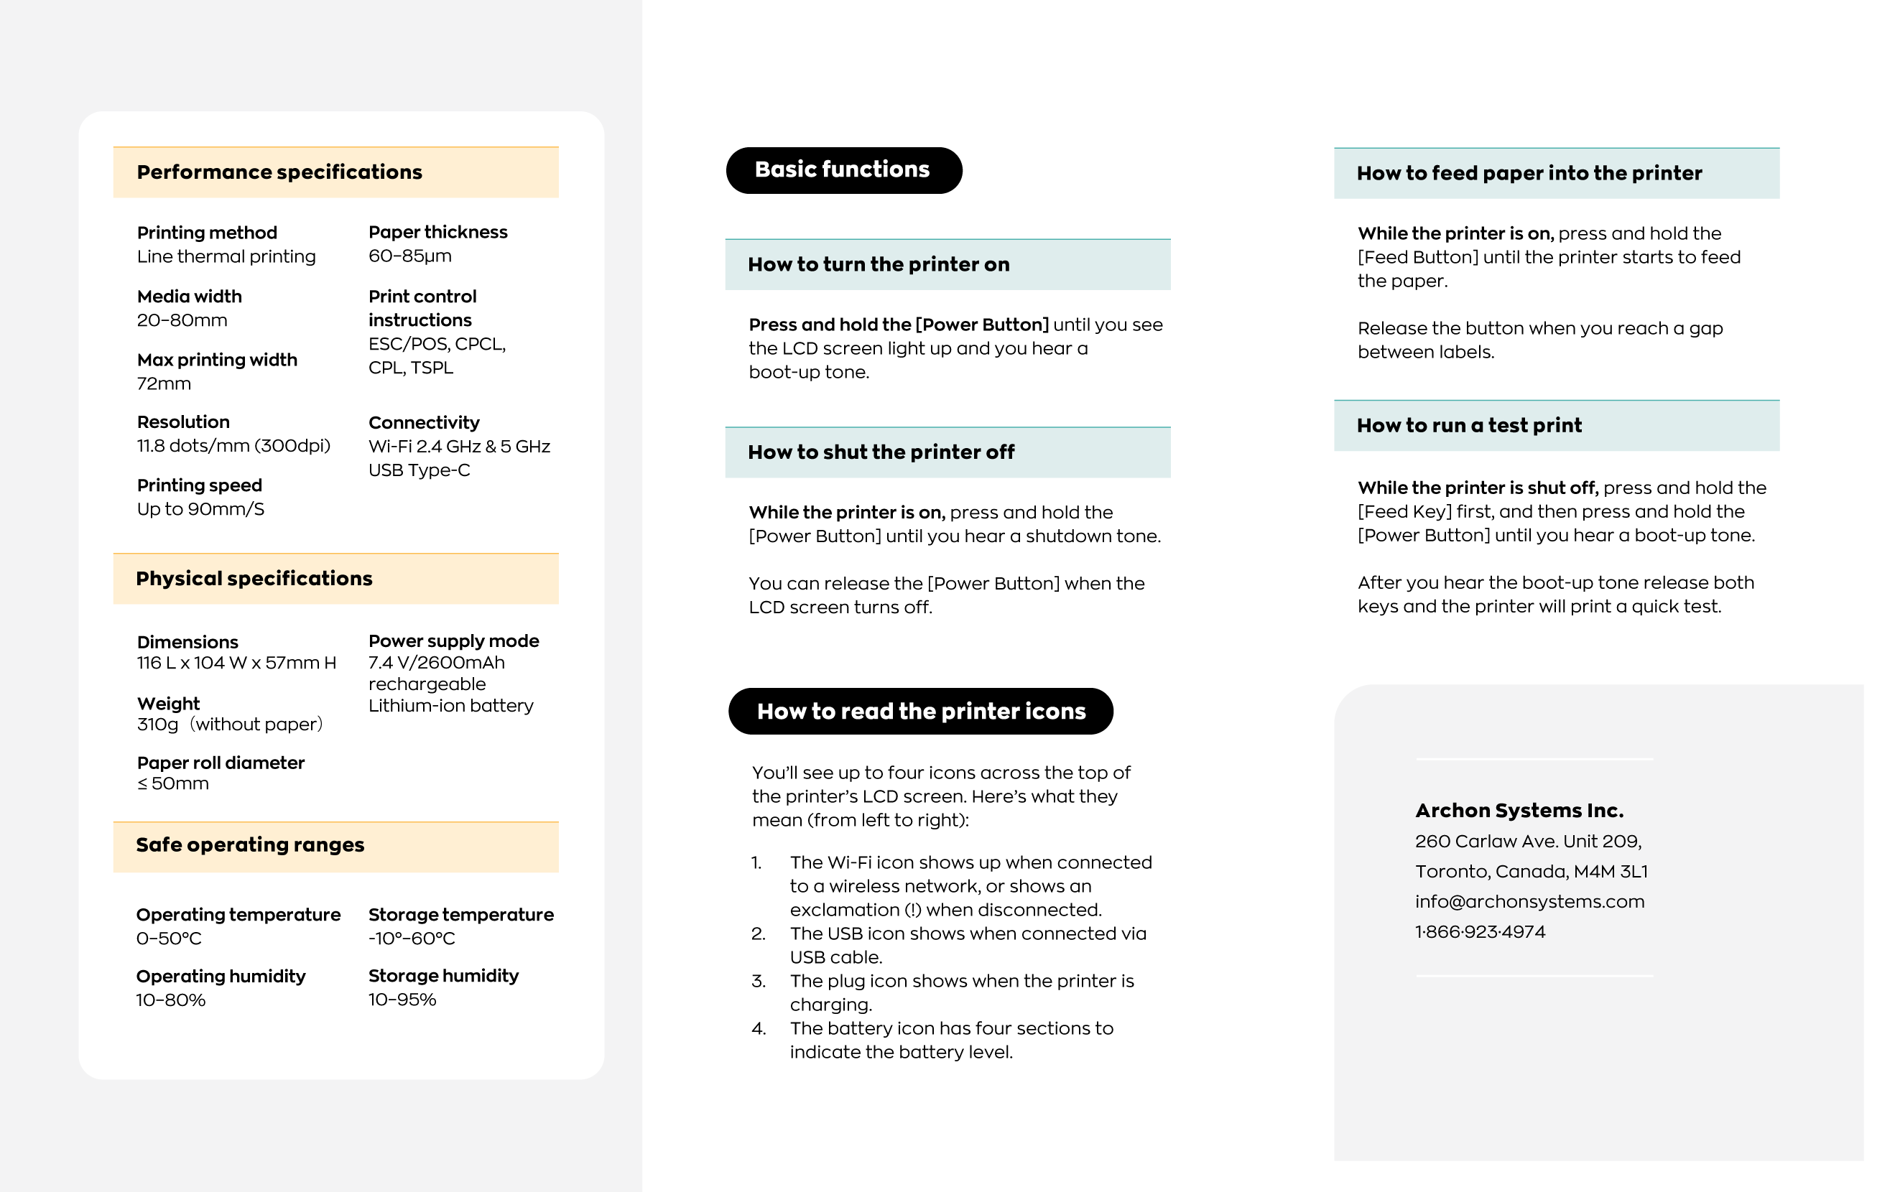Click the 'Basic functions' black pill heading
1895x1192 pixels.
point(843,170)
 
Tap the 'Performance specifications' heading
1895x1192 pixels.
point(279,172)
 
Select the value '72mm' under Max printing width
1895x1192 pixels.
point(164,384)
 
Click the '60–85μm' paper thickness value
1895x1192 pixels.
point(410,256)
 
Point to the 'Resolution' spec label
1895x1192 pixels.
point(183,422)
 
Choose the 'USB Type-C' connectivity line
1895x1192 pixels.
point(419,470)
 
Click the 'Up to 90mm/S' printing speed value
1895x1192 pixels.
point(200,509)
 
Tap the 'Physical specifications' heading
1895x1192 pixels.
point(254,578)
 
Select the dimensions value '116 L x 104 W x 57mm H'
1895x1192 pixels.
point(236,663)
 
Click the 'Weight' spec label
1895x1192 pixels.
point(168,704)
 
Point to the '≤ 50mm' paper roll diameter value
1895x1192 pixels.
point(172,783)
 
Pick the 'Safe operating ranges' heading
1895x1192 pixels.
point(250,845)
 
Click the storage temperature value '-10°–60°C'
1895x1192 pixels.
point(412,939)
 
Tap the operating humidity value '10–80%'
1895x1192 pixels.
point(171,1000)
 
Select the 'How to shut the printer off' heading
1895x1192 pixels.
point(881,452)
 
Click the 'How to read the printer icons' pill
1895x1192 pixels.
point(921,712)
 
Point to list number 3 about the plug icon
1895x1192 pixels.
point(759,981)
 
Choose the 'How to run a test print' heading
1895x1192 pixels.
point(1468,426)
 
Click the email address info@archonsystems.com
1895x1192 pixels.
point(1529,902)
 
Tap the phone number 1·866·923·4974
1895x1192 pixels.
point(1480,932)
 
